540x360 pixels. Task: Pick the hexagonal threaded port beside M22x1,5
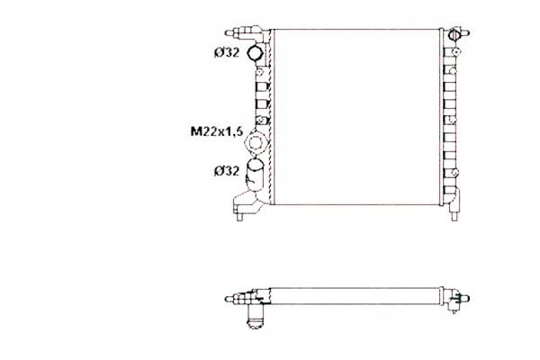[x=260, y=141]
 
